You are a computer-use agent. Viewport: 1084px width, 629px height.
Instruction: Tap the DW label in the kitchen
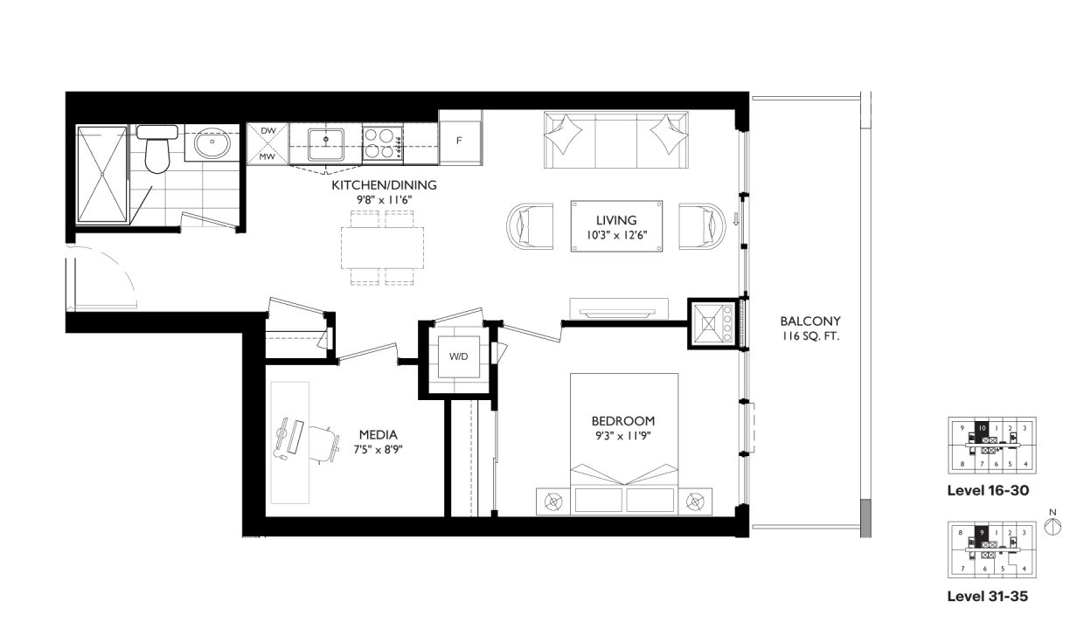coord(268,131)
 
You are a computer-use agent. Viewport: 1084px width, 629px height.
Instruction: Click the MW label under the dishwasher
coord(268,156)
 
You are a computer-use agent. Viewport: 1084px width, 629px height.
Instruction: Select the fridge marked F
coord(460,141)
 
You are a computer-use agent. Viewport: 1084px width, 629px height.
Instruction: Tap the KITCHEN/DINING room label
coord(384,185)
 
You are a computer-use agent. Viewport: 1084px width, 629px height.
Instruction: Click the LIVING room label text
coord(616,220)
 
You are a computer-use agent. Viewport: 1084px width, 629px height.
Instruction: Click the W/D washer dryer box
coord(459,356)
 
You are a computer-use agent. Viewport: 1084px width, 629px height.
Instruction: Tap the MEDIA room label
coord(379,434)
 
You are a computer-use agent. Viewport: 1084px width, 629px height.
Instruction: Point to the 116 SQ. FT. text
coord(810,336)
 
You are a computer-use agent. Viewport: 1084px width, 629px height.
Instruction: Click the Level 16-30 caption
coord(988,491)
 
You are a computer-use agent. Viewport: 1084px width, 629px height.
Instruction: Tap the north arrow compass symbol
coord(1053,525)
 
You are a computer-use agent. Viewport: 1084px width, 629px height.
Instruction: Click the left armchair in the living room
coord(531,227)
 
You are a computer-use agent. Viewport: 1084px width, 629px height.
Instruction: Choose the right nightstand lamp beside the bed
coord(695,501)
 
